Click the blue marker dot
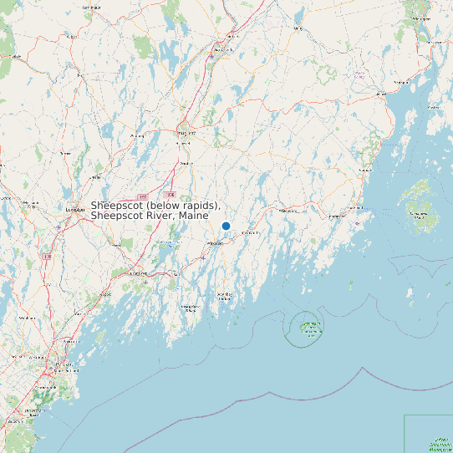point(226,226)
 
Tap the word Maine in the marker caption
point(192,216)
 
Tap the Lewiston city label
point(74,210)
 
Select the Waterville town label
point(221,50)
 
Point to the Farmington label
point(90,8)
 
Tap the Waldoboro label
point(288,211)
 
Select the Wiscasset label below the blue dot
point(216,243)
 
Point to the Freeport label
point(105,294)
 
